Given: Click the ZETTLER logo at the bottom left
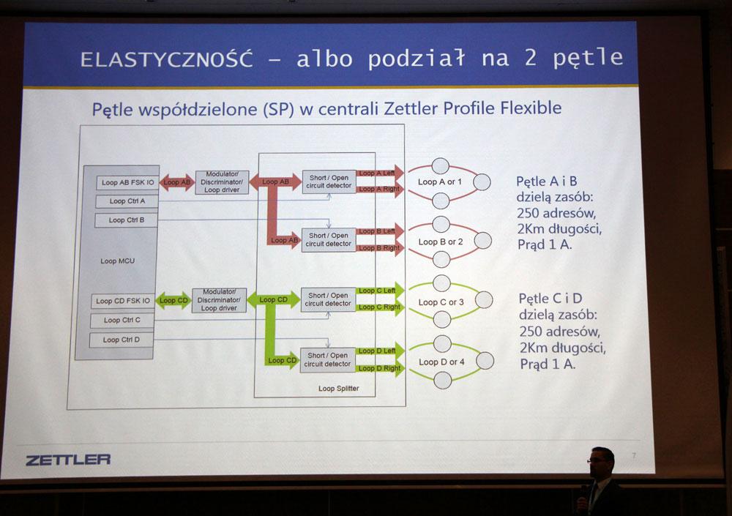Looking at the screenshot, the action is pyautogui.click(x=68, y=460).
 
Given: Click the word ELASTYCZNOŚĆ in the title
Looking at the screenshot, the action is pyautogui.click(x=167, y=59).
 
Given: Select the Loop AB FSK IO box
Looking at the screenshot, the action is pyautogui.click(x=127, y=182).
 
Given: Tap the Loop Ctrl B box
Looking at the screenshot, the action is pyautogui.click(x=127, y=220).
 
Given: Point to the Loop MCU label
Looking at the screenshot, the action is pyautogui.click(x=118, y=261).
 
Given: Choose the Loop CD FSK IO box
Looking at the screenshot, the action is pyautogui.click(x=123, y=302).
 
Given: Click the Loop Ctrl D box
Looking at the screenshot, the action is pyautogui.click(x=122, y=340).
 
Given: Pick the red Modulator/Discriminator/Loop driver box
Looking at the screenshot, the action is pyautogui.click(x=222, y=182).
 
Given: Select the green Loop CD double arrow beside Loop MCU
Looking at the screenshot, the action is pyautogui.click(x=173, y=300).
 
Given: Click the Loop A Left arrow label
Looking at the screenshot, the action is pyautogui.click(x=377, y=173).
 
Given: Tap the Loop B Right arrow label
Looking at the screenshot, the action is pyautogui.click(x=379, y=248).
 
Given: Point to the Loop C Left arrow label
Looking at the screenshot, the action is pyautogui.click(x=377, y=291).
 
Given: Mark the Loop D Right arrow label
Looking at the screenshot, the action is pyautogui.click(x=379, y=368).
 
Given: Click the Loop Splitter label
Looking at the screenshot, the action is pyautogui.click(x=338, y=389).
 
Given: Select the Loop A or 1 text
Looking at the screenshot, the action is pyautogui.click(x=440, y=182).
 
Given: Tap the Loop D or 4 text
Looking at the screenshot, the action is pyautogui.click(x=441, y=362).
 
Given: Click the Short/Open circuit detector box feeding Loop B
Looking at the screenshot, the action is pyautogui.click(x=328, y=240).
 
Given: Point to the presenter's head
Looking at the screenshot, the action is pyautogui.click(x=601, y=462).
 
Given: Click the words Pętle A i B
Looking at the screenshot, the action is pyautogui.click(x=547, y=182).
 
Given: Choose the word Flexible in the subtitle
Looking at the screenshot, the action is pyautogui.click(x=531, y=108).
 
